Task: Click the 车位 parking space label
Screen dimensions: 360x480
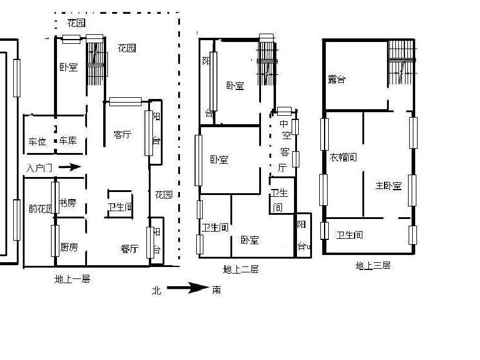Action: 37,142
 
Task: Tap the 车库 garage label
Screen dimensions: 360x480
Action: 68,141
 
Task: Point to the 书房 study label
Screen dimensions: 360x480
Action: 67,203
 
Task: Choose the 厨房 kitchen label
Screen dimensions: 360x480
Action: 69,247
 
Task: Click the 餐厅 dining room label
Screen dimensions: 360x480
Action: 130,248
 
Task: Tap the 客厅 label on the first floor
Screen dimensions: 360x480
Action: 122,134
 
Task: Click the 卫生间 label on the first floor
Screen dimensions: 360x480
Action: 120,207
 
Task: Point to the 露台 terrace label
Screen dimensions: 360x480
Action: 336,79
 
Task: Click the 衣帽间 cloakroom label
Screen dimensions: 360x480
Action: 343,157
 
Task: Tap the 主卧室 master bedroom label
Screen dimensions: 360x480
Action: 388,185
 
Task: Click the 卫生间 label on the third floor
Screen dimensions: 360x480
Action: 349,235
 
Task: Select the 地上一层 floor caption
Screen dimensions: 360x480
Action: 72,279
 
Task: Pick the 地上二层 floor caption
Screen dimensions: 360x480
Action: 241,269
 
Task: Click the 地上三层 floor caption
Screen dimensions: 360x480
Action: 373,265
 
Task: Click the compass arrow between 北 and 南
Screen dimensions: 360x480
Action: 187,289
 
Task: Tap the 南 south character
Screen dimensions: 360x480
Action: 216,290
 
